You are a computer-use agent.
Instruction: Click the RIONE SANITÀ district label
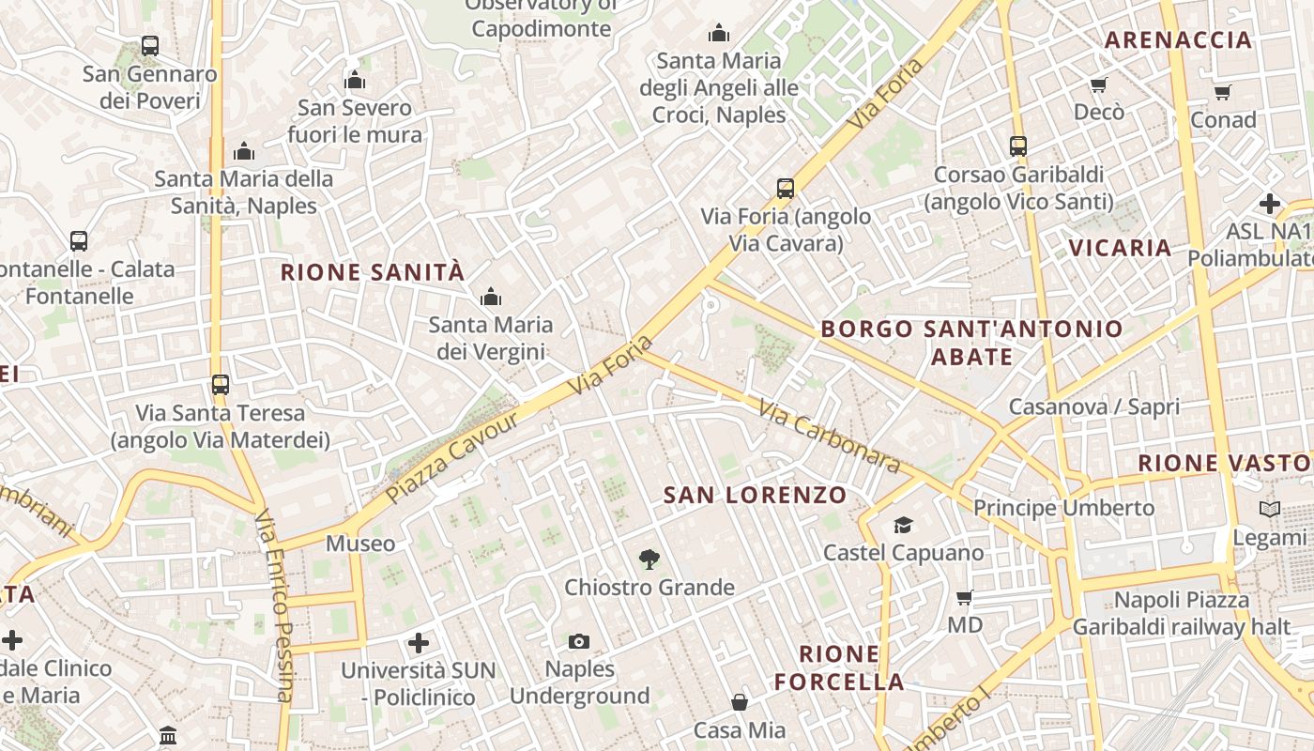(373, 272)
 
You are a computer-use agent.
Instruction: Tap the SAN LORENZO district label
(755, 495)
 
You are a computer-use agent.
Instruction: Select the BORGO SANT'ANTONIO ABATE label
(971, 342)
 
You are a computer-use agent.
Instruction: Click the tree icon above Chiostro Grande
(649, 560)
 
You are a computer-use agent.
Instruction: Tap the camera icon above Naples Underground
(579, 642)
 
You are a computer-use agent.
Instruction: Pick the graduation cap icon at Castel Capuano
(903, 525)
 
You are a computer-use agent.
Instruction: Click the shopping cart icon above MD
(964, 597)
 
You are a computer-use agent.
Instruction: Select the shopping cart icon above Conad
(1222, 92)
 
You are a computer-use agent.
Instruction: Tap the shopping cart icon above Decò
(1098, 84)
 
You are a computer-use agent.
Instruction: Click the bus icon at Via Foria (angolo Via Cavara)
(786, 189)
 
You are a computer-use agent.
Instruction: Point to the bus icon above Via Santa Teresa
(221, 385)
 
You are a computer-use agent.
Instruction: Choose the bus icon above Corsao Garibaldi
(1018, 146)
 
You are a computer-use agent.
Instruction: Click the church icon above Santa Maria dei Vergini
(490, 298)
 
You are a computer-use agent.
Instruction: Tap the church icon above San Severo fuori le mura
(355, 80)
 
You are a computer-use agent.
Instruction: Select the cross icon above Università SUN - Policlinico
(419, 643)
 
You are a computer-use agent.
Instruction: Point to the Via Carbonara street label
(830, 437)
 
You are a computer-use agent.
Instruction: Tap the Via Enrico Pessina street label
(277, 605)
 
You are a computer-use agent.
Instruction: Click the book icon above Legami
(1269, 509)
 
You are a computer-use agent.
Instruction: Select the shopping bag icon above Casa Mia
(740, 702)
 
